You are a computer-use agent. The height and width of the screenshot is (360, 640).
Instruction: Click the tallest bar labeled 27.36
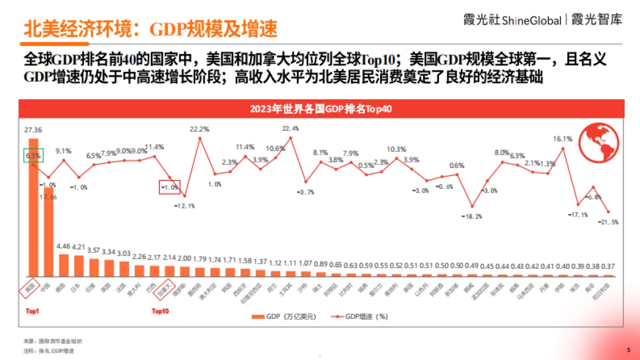pos(33,208)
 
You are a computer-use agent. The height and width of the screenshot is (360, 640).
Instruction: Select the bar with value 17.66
pos(49,232)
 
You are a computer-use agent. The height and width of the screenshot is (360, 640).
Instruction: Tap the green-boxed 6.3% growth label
pos(33,156)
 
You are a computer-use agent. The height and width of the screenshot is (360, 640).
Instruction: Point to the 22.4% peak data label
pos(291,129)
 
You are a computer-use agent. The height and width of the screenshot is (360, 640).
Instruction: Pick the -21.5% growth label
pos(608,222)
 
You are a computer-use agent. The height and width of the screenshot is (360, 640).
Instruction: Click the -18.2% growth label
pos(472,216)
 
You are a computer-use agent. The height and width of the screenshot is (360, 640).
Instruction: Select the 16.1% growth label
pos(563,139)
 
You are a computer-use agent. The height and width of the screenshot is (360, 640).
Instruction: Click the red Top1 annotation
pos(33,311)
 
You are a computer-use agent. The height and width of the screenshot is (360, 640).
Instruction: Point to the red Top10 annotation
pos(161,311)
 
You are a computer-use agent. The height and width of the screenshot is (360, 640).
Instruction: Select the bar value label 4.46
pos(63,247)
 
